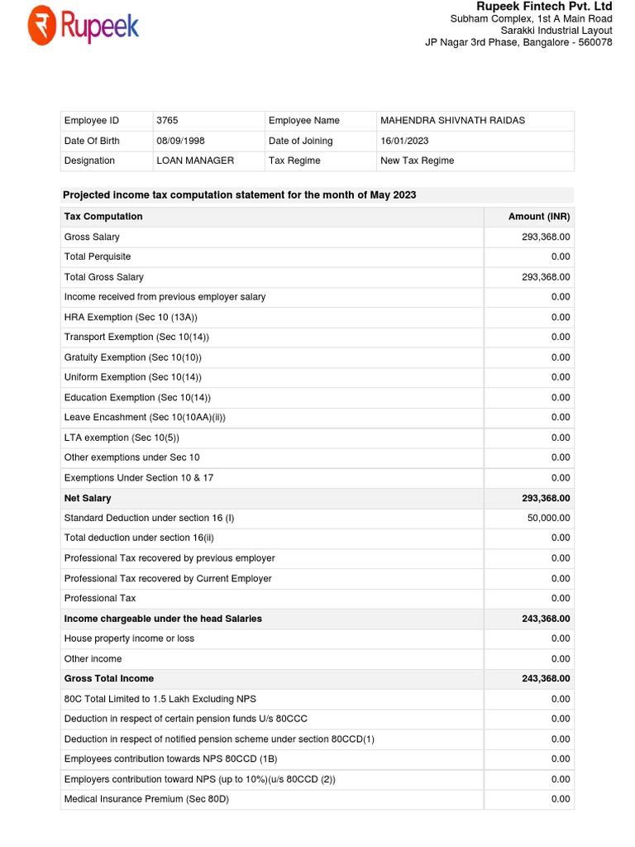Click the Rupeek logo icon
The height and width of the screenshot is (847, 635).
pos(41,26)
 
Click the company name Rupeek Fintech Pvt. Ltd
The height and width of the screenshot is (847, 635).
pos(544,7)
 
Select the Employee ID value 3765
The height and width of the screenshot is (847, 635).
pos(167,121)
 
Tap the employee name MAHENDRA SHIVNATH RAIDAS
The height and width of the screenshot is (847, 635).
pos(452,121)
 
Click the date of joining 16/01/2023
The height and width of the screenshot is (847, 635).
pos(404,141)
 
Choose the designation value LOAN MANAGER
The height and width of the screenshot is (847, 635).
pos(195,160)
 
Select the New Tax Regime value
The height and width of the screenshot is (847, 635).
pos(417,160)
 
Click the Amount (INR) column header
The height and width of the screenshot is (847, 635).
pos(539,217)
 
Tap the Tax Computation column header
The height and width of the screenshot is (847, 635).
pos(103,217)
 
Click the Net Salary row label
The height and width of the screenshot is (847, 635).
pos(88,498)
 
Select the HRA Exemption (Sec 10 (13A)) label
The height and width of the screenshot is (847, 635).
pos(131,317)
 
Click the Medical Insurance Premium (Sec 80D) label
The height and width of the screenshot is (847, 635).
pos(146,799)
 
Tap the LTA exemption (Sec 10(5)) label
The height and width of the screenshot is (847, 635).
pos(122,438)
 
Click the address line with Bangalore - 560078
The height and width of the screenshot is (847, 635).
pos(518,42)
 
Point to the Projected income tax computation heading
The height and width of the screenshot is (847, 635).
pos(240,195)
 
